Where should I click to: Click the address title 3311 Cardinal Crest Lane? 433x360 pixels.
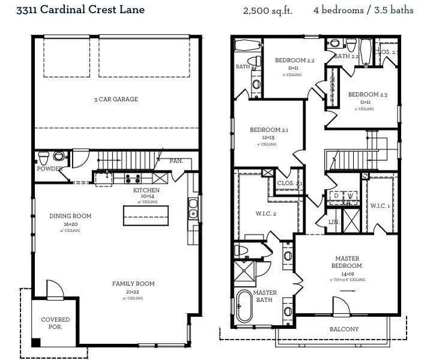tap(80, 10)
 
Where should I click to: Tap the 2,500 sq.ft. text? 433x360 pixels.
tap(267, 11)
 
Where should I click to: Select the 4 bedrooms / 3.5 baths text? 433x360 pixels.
tap(363, 11)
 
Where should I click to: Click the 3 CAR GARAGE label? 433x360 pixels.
tap(117, 99)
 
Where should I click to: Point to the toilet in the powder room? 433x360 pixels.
tap(44, 158)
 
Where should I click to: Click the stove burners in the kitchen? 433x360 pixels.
tap(132, 178)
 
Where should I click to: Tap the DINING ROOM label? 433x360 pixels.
tap(70, 216)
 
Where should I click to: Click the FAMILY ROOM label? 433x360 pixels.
tap(133, 284)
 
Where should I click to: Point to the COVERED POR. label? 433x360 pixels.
tap(55, 323)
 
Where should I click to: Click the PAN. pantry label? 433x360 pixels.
tap(176, 161)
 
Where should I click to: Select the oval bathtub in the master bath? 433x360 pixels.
tap(245, 306)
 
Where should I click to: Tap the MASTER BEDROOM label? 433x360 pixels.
tap(347, 262)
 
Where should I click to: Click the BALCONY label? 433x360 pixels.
tap(344, 329)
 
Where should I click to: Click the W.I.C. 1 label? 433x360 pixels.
tap(380, 206)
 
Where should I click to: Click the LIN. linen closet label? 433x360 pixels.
tap(334, 221)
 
